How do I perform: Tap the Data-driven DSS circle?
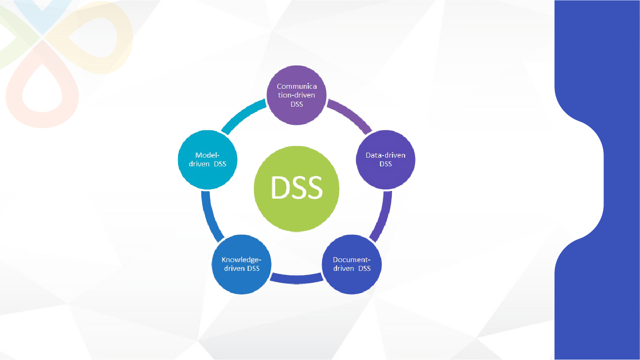386,176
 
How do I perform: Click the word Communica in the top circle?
297,86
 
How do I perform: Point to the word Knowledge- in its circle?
241,260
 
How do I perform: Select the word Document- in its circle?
352,260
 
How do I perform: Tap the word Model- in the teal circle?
208,155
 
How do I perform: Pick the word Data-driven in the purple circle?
386,155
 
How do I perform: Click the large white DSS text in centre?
297,187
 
